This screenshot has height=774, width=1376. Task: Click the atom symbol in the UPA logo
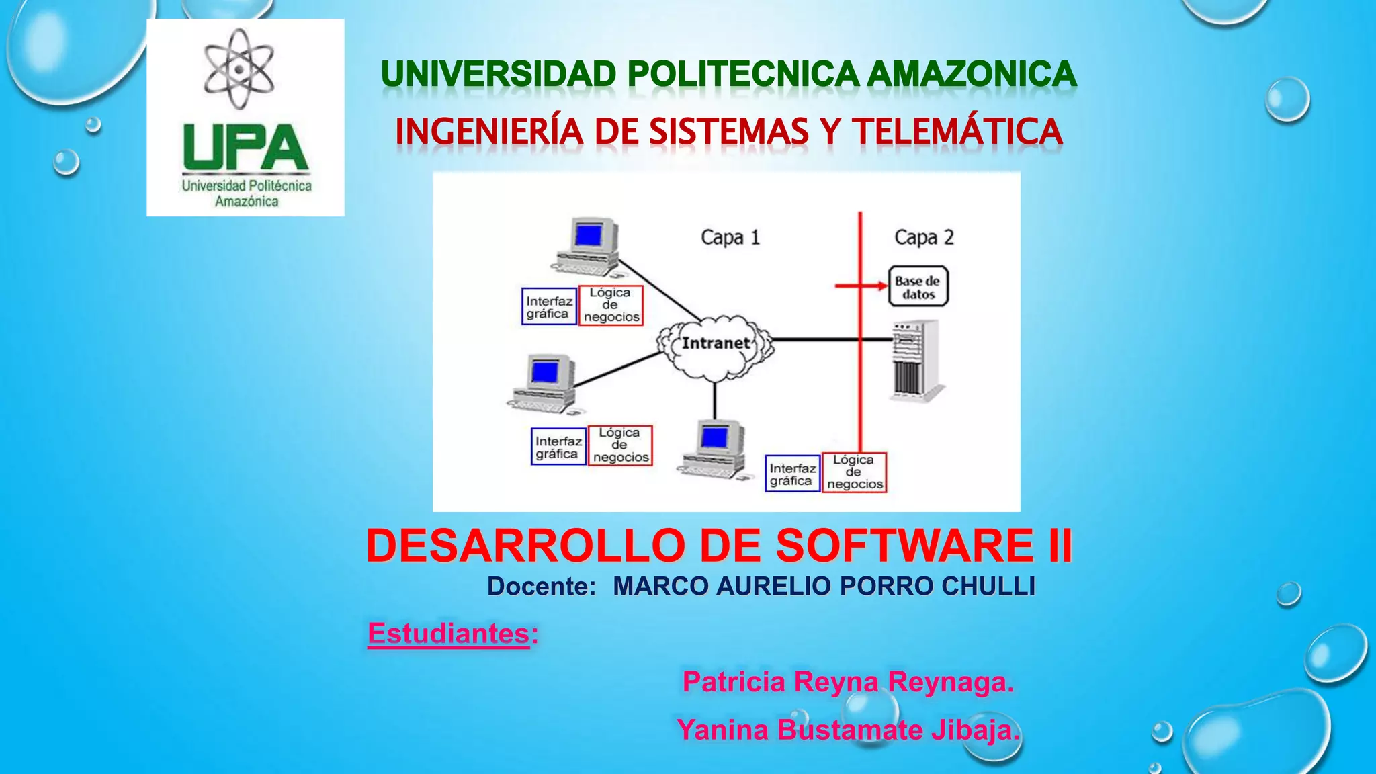coord(239,69)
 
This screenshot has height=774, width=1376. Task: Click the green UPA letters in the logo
coord(245,148)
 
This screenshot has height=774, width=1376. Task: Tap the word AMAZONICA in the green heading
coord(972,74)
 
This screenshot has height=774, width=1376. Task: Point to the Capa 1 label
coord(730,237)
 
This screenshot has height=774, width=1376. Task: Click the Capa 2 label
coord(924,237)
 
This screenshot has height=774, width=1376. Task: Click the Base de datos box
coord(918,287)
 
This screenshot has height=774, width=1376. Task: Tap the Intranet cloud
coord(716,344)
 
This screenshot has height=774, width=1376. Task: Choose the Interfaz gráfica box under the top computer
coord(549,307)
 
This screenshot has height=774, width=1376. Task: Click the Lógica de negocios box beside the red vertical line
coord(855,472)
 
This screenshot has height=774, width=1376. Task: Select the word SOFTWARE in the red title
coord(904,546)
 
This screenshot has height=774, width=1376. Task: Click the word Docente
coord(542,587)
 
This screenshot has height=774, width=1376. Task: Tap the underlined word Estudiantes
coord(449,634)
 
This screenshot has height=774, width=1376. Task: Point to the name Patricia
coord(734,682)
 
